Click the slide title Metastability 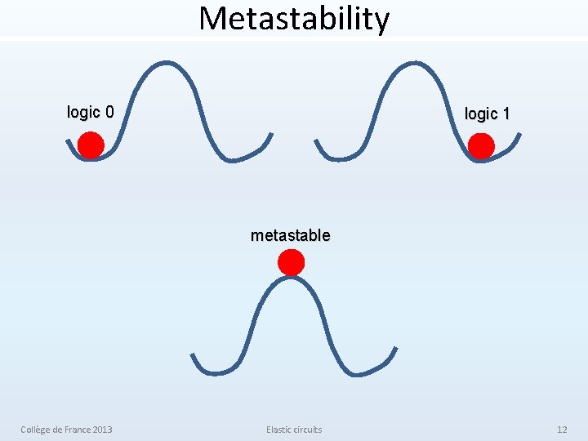(x=294, y=18)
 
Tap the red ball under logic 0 (x=91, y=146)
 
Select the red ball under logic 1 (x=481, y=146)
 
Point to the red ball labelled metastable (x=291, y=262)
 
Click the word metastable (x=291, y=235)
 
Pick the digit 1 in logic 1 (x=506, y=114)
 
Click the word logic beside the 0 (x=83, y=112)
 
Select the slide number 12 (x=562, y=430)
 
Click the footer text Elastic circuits (x=294, y=430)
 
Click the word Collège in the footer (x=37, y=430)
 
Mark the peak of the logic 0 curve (x=167, y=63)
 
